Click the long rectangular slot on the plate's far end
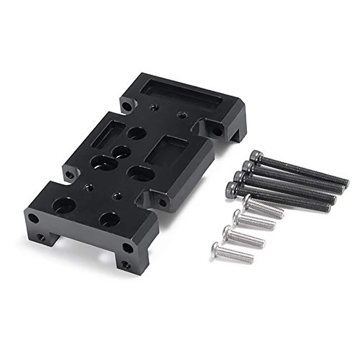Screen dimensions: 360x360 pyautogui.click(x=182, y=97)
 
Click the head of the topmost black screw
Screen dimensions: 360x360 pyautogui.click(x=256, y=156)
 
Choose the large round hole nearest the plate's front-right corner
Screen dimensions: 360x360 pyautogui.click(x=109, y=220)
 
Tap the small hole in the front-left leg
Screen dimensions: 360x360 pyautogui.click(x=41, y=238)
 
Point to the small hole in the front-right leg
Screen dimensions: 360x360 pyautogui.click(x=126, y=265)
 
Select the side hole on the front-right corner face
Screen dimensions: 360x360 pyautogui.click(x=128, y=247)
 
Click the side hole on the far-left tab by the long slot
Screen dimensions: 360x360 pyautogui.click(x=128, y=107)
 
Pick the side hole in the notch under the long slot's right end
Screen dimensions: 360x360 pyautogui.click(x=216, y=131)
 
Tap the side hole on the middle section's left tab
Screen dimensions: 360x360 pyautogui.click(x=70, y=174)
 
